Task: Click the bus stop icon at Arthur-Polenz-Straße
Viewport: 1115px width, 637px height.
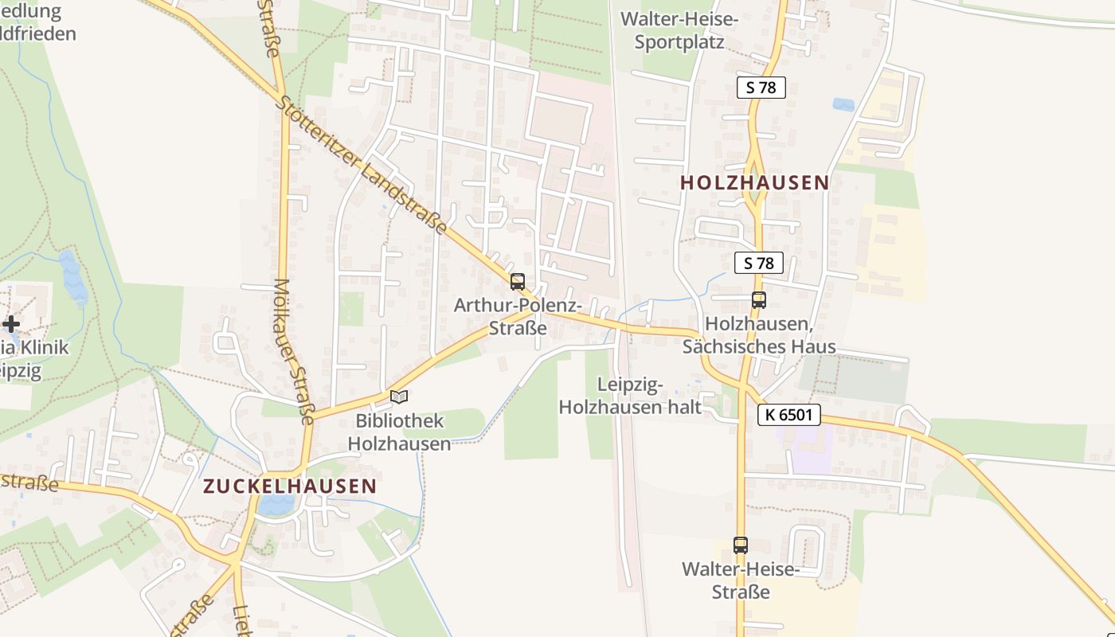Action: tap(518, 281)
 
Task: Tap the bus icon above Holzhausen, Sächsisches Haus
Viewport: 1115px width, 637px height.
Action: tap(759, 300)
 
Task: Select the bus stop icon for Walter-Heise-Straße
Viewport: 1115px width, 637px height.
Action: tap(741, 545)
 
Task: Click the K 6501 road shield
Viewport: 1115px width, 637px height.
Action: tap(788, 415)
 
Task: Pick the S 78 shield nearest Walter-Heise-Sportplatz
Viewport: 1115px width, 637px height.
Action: tap(761, 88)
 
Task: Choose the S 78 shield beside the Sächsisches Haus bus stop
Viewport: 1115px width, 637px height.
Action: tap(759, 263)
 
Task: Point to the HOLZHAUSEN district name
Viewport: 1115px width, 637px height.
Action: tap(754, 182)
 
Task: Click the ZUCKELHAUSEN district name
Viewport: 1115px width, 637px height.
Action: tap(290, 486)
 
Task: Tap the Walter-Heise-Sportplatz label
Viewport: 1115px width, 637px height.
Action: tap(679, 30)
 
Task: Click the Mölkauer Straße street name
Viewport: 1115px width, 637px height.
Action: tap(295, 350)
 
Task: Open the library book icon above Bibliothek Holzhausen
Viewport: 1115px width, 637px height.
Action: tap(399, 397)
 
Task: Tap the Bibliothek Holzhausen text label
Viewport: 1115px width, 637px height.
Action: tap(400, 432)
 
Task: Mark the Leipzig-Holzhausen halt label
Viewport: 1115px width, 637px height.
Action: tap(629, 397)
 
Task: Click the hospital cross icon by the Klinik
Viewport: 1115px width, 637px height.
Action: tap(11, 324)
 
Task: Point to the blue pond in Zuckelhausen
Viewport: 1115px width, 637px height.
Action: tap(276, 504)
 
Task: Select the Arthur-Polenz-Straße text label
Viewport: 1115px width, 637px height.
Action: tap(518, 316)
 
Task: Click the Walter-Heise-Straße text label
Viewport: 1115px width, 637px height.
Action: tap(741, 580)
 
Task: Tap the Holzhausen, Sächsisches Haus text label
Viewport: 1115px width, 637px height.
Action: tap(759, 335)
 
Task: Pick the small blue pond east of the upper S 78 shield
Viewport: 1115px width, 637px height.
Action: tap(843, 104)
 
